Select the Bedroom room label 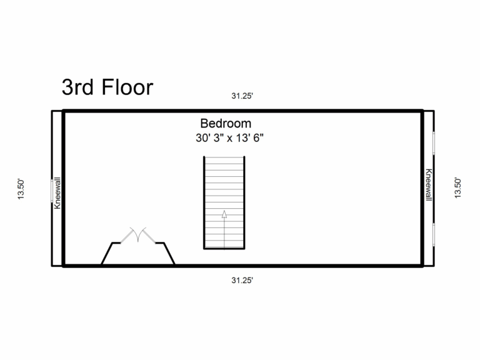pyautogui.click(x=226, y=123)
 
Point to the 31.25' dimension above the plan pyautogui.click(x=242, y=96)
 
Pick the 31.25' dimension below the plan pyautogui.click(x=242, y=280)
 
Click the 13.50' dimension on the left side pyautogui.click(x=21, y=188)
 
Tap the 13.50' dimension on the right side pyautogui.click(x=458, y=188)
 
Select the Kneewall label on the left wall pyautogui.click(x=57, y=192)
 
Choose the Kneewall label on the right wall pyautogui.click(x=428, y=185)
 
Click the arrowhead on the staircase pyautogui.click(x=224, y=215)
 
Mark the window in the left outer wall pyautogui.click(x=52, y=191)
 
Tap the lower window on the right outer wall pyautogui.click(x=433, y=234)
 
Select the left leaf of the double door pyautogui.click(x=132, y=235)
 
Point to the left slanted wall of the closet pyautogui.click(x=107, y=254)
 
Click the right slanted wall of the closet pyautogui.click(x=169, y=254)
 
